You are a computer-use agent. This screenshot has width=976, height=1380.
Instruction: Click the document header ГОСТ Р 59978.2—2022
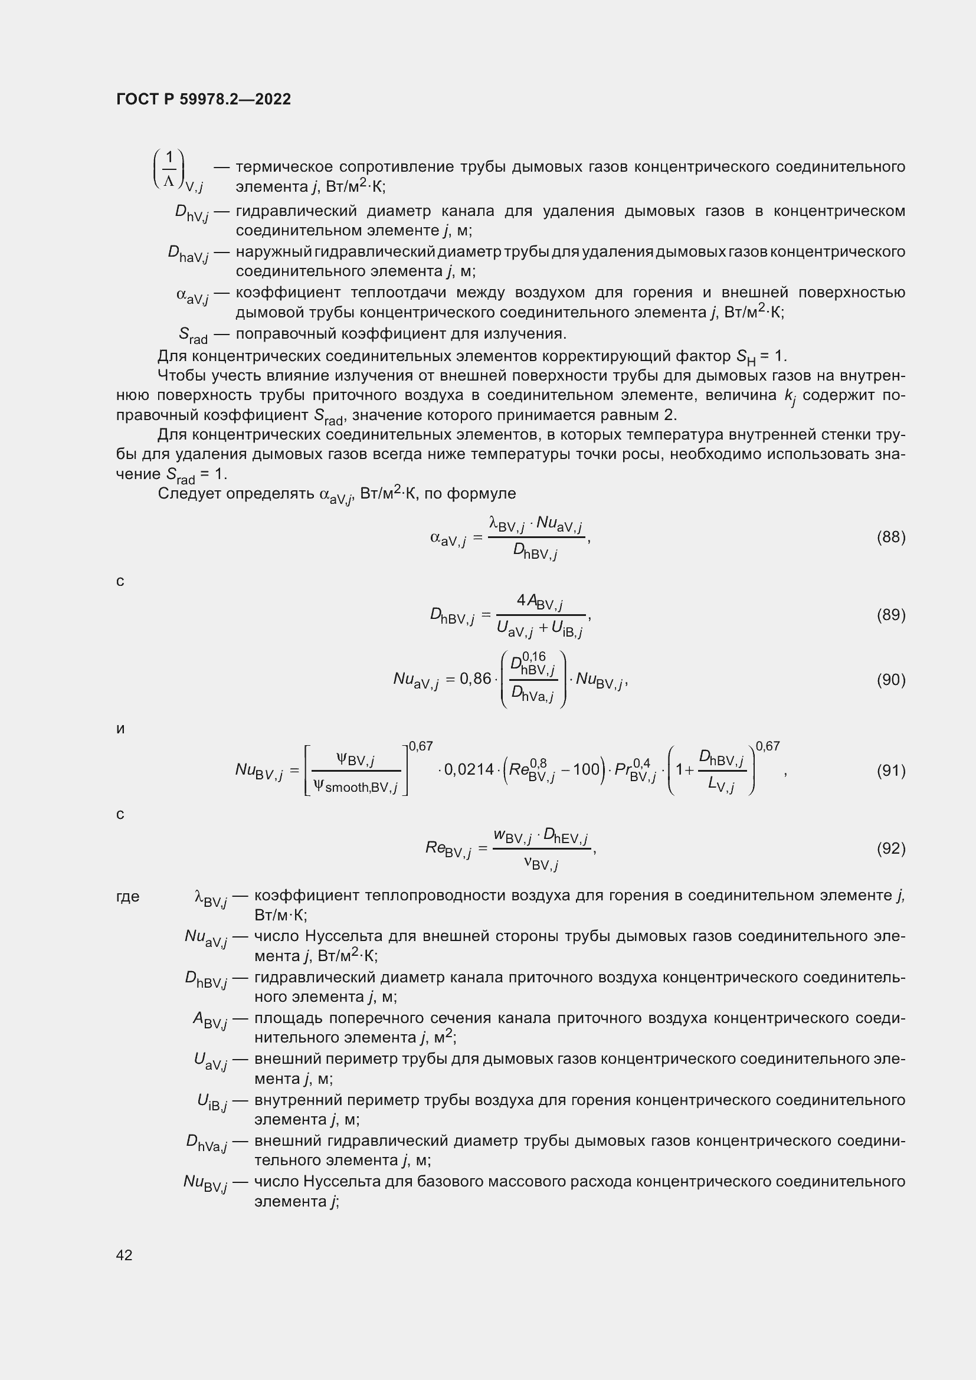click(x=203, y=99)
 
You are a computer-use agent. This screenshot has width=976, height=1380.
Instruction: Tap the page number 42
click(x=125, y=1254)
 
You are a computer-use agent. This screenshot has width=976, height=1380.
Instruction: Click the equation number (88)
click(x=890, y=537)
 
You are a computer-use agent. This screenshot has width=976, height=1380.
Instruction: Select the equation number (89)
click(x=890, y=614)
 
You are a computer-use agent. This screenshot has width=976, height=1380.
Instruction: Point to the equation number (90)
click(x=890, y=679)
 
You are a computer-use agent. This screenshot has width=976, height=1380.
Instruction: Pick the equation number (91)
click(x=890, y=770)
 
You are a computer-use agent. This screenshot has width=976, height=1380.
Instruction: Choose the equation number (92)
click(x=890, y=848)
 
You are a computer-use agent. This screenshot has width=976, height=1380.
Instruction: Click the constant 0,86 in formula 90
click(x=476, y=679)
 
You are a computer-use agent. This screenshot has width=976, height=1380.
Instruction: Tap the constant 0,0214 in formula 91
click(x=469, y=769)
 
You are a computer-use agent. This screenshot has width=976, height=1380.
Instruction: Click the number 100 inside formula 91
click(x=586, y=769)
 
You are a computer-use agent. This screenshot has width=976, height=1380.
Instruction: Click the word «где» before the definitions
click(x=127, y=896)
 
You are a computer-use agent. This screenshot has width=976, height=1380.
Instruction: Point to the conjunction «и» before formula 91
click(x=120, y=729)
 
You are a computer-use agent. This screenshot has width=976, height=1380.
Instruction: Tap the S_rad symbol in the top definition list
click(x=193, y=335)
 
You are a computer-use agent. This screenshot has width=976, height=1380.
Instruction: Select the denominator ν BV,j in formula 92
click(x=541, y=864)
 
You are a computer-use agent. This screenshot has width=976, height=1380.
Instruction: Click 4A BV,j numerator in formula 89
click(x=539, y=601)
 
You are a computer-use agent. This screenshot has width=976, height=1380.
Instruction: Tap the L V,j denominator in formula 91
click(x=721, y=784)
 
